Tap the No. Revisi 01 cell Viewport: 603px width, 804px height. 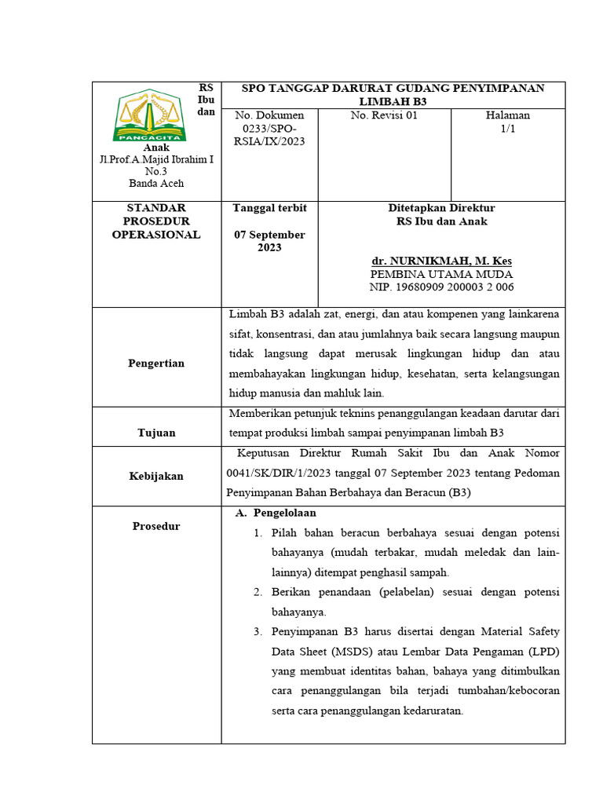coord(384,115)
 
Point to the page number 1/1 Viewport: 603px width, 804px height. coord(507,128)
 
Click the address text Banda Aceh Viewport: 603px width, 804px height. coord(156,183)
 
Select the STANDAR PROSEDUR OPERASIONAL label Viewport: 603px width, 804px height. coord(156,221)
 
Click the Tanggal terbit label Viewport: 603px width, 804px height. coord(269,208)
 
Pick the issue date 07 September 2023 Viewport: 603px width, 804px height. coord(269,241)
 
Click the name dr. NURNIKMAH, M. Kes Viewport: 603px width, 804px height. coord(441,261)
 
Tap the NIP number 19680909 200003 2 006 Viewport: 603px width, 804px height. coord(441,287)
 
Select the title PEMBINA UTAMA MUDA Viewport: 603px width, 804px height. coord(441,274)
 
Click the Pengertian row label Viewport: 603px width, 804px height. coord(156,364)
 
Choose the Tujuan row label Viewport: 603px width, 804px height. coord(156,433)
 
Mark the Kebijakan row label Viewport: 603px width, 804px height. coord(156,476)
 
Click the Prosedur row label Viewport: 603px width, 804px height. coord(156,526)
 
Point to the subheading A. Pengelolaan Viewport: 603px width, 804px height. coord(276,513)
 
